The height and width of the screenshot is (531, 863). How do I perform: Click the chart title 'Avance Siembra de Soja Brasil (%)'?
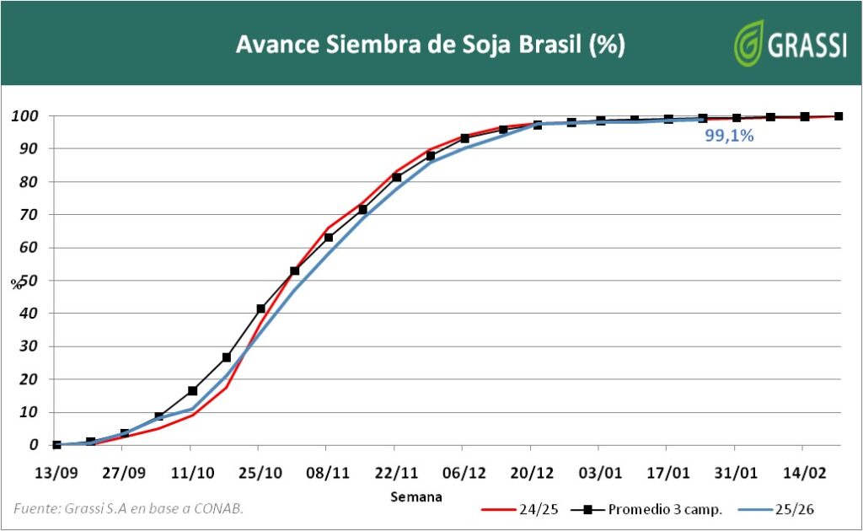tap(430, 45)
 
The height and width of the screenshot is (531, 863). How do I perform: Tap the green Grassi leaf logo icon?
tap(748, 44)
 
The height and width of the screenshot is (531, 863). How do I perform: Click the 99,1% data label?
tap(729, 135)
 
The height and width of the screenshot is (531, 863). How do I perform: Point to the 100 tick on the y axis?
tap(26, 116)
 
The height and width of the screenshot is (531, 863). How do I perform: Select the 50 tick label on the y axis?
tap(30, 281)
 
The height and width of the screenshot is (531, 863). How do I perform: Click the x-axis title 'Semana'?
tap(415, 496)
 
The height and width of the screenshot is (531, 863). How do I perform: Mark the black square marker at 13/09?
tap(56, 445)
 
